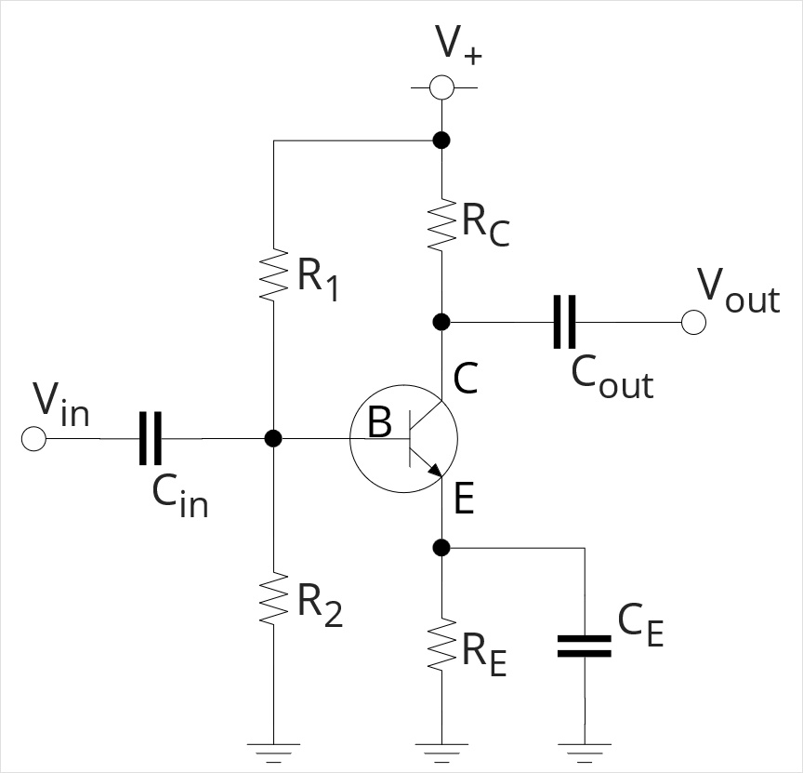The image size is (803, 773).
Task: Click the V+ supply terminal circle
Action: [442, 88]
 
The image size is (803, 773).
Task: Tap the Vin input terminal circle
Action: [33, 438]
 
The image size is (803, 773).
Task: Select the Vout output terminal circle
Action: [693, 322]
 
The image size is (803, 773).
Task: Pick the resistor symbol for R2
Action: [273, 600]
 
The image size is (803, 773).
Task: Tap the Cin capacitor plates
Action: [150, 438]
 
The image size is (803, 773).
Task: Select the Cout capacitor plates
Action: [564, 322]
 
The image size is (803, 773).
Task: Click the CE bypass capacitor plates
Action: [585, 646]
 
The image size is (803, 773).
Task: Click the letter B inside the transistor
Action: [379, 424]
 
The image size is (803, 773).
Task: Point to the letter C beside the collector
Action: [466, 378]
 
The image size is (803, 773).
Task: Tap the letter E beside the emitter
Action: [465, 500]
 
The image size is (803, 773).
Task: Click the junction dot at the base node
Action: [273, 438]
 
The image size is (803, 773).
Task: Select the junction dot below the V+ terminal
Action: [442, 140]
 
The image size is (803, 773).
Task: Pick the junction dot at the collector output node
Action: [442, 322]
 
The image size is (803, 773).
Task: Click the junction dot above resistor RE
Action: [442, 547]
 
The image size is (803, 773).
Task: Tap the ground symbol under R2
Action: [273, 747]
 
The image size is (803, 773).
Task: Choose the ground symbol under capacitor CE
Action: [585, 747]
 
